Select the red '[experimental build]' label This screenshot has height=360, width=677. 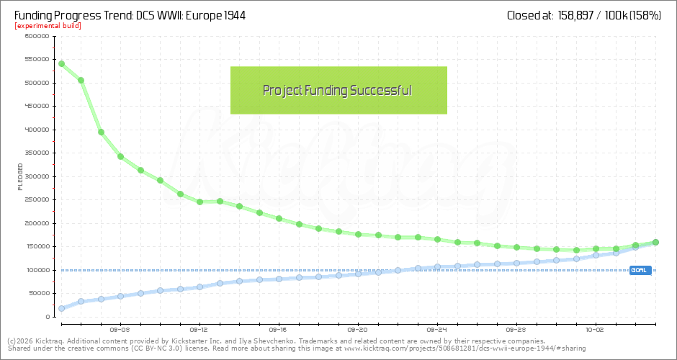48,26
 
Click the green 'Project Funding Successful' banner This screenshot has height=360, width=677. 338,90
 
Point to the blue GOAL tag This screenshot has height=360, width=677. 640,271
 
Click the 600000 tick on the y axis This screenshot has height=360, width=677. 35,36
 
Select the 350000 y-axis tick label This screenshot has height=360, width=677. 35,153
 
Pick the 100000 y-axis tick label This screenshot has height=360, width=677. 35,270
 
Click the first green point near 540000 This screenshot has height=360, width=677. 61,63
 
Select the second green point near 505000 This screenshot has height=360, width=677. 81,80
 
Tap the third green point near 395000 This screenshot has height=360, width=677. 101,132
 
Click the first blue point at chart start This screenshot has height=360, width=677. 61,308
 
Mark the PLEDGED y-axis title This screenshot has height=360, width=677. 20,176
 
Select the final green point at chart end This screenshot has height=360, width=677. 655,243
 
